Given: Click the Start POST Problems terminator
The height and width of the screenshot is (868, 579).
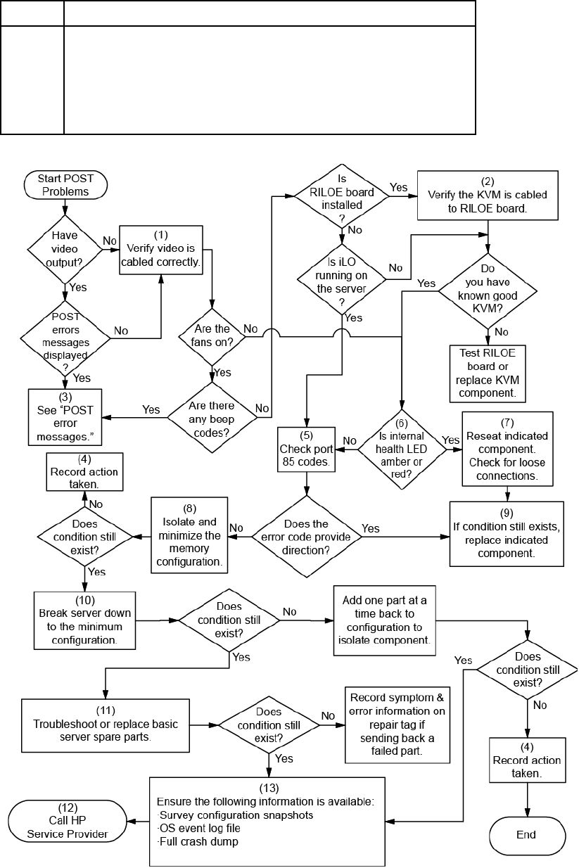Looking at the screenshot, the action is [65, 185].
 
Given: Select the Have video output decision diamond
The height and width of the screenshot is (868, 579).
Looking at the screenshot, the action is [65, 249].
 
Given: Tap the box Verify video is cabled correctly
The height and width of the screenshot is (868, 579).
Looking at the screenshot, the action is [161, 250].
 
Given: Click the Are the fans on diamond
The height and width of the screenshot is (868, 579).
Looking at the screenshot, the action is [212, 337].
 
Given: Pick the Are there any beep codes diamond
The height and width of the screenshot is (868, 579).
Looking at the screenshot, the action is [212, 418].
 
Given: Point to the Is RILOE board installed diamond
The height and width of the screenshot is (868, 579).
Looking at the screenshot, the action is [342, 196].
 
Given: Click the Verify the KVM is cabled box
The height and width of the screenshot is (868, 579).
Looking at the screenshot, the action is [488, 196].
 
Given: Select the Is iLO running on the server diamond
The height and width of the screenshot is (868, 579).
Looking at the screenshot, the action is [341, 279].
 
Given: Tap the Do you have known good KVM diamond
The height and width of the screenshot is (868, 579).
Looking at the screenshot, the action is [488, 291].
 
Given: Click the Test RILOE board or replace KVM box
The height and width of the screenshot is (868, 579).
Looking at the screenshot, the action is [488, 374].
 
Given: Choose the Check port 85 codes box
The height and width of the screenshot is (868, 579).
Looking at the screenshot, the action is [306, 449].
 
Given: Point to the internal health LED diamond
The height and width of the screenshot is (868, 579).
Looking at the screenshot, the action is [402, 449].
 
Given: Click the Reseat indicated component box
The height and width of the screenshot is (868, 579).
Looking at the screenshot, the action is [507, 449].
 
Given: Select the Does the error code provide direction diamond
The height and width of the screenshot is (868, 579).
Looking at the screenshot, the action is [307, 537].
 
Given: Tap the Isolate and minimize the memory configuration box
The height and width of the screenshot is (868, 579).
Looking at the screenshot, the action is [189, 535].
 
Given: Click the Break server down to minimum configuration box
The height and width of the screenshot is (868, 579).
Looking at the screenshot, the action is [85, 620].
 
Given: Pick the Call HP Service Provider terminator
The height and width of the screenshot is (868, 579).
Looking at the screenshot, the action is [68, 821].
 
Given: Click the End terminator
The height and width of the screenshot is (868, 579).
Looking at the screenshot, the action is [527, 835].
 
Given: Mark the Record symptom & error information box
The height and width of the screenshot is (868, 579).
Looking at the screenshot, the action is [397, 725].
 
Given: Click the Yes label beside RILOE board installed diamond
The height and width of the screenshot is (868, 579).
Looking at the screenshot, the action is [399, 188].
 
